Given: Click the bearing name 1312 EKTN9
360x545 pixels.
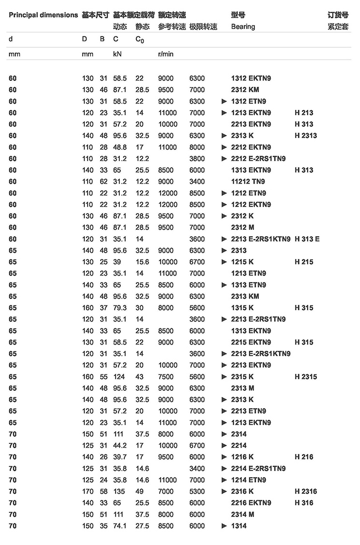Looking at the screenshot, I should point(251,78).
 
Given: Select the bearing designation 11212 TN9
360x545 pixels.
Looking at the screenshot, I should point(248,182).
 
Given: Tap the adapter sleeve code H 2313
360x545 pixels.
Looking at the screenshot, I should point(306,135).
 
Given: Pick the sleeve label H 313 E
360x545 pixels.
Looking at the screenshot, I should point(307,239).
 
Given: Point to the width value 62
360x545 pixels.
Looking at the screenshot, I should point(103,182).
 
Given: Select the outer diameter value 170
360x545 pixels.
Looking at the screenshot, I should point(88,491).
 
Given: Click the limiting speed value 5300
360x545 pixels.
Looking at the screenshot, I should point(197,491).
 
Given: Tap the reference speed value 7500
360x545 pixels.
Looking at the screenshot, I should point(166,377).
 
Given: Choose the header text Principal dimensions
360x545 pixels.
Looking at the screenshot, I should point(43,15).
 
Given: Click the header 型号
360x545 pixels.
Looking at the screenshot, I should point(238,15).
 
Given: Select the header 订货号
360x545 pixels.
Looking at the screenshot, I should point(338,15).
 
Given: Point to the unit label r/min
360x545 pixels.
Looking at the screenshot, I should point(166,54).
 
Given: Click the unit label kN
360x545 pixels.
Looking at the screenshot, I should point(117,54).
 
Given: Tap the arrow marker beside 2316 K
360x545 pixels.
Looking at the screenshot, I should point(224,491).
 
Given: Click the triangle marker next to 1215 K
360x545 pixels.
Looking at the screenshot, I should point(224,262).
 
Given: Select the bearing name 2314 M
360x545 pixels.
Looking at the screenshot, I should point(243,514).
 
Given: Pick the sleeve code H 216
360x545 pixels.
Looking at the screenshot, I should point(304,457).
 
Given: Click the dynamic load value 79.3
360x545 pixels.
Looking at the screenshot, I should point(120,308).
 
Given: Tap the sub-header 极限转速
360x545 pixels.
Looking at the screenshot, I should point(203,27).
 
